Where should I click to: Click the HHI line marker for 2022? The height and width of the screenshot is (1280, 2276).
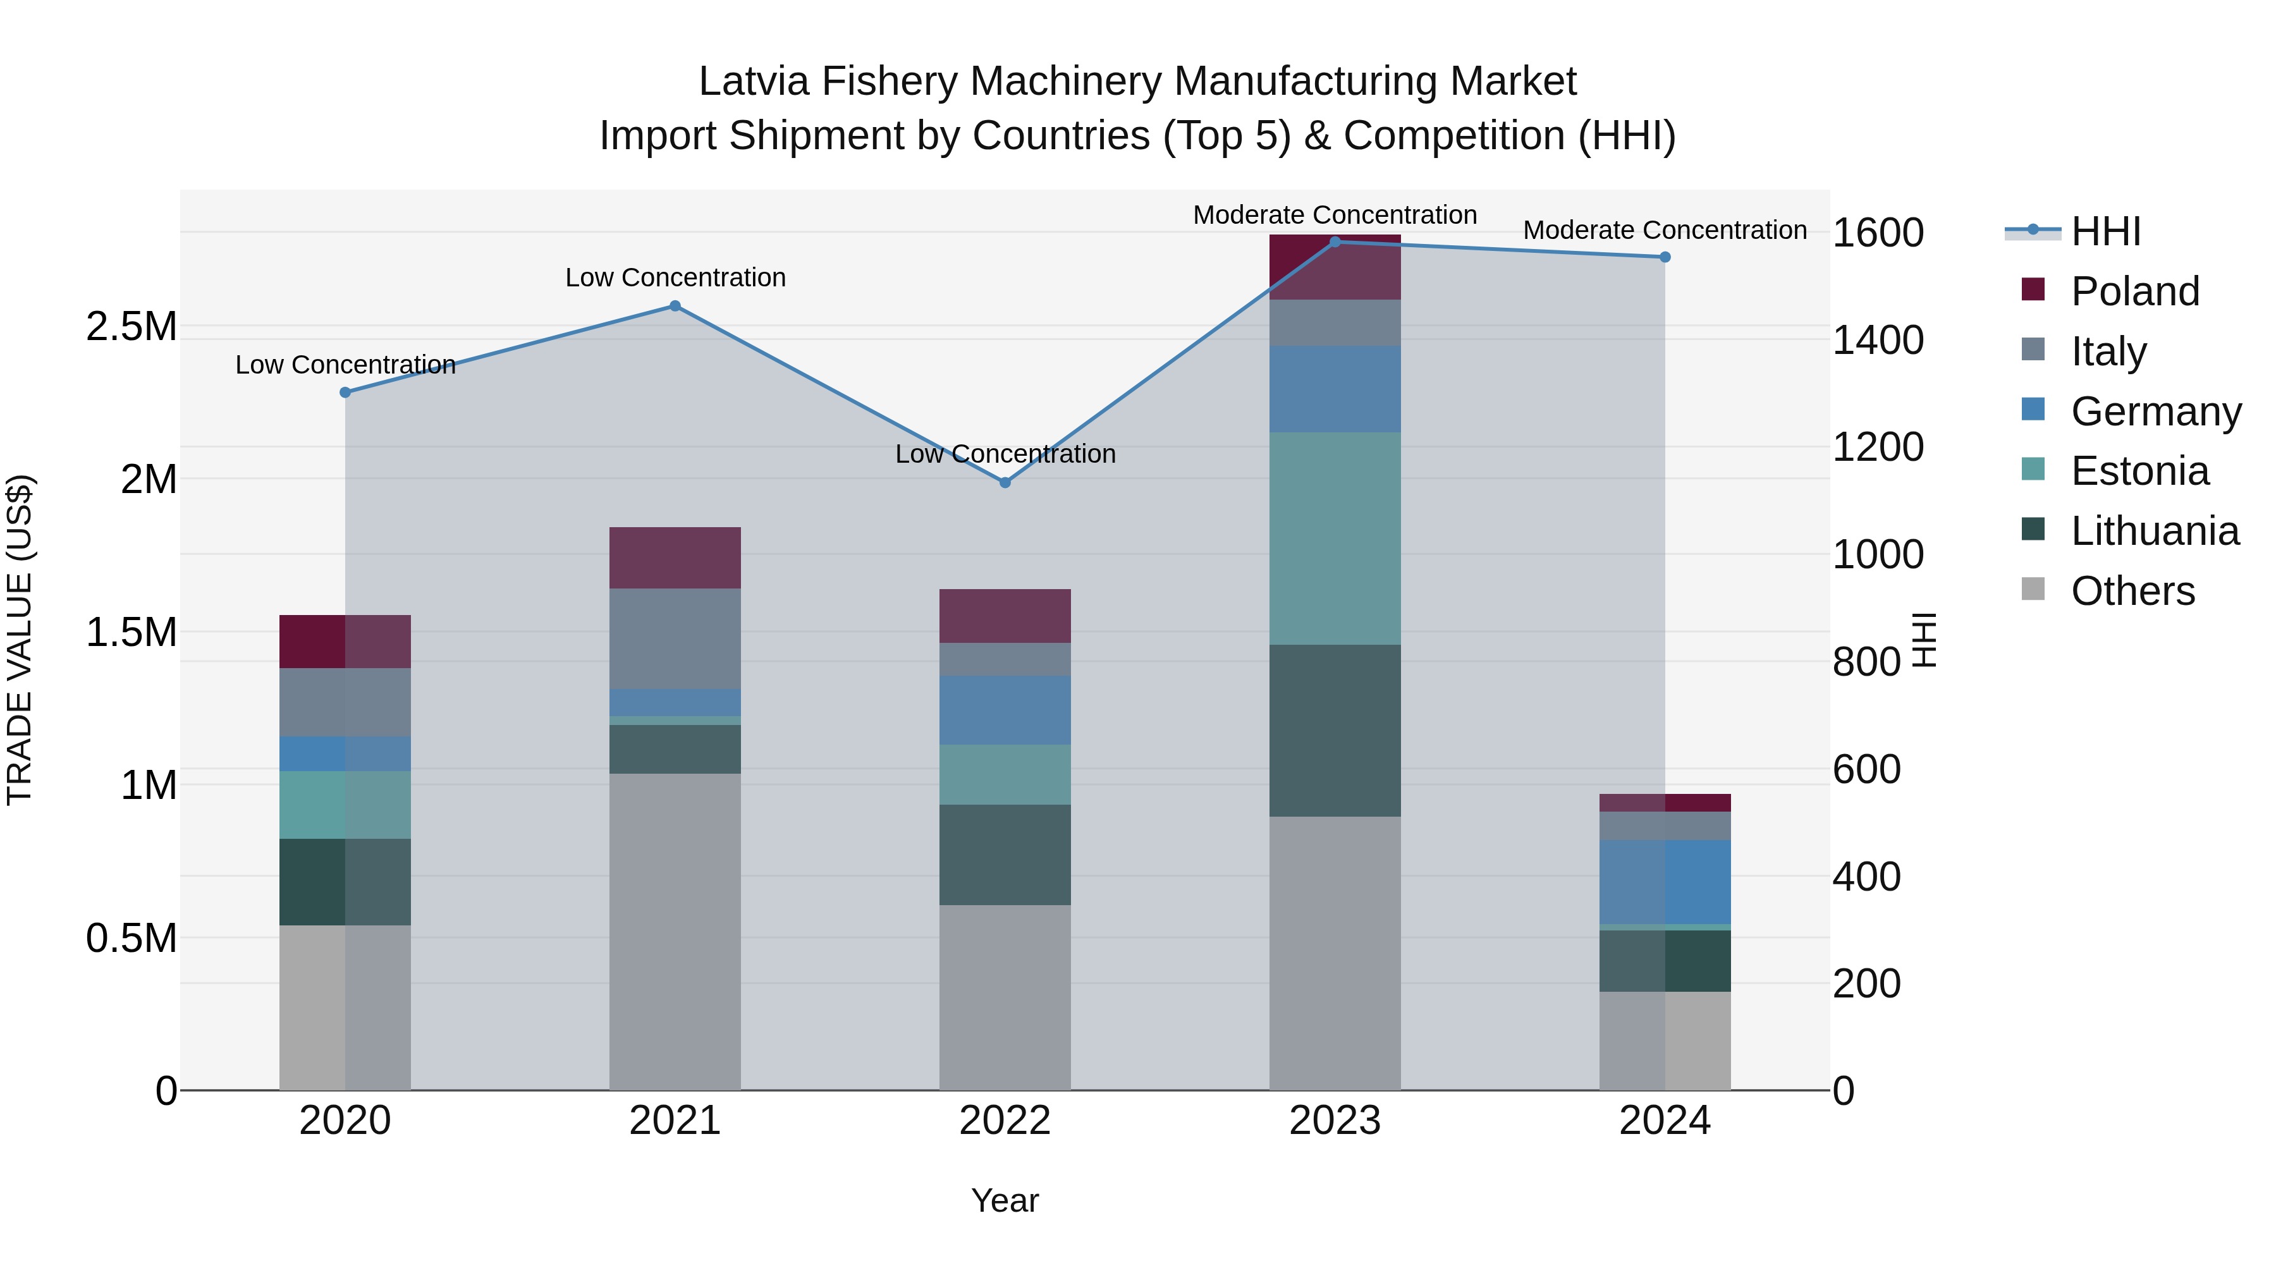pos(1005,482)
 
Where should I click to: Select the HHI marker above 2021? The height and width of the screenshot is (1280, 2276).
pos(675,306)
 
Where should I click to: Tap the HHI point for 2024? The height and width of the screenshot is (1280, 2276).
pos(1665,257)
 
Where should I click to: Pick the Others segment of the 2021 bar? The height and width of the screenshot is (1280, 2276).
pos(675,931)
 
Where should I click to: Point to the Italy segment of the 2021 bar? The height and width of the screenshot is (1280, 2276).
pos(675,638)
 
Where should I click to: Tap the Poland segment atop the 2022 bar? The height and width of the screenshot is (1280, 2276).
pos(1005,616)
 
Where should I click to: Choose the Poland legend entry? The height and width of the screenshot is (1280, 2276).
pos(2134,291)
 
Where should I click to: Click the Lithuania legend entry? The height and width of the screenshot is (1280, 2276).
pos(2154,531)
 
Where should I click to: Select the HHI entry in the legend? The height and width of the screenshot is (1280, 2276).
pos(2105,231)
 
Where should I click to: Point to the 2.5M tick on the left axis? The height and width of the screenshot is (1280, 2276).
pos(131,327)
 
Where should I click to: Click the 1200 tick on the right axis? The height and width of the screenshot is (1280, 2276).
pos(1878,447)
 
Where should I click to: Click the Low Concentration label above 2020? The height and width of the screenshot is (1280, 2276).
pos(345,364)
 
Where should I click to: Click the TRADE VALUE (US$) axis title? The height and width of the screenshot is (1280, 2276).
pos(20,640)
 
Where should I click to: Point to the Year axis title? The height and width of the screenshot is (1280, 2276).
pos(1005,1200)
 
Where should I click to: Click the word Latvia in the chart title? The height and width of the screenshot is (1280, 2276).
pos(753,82)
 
